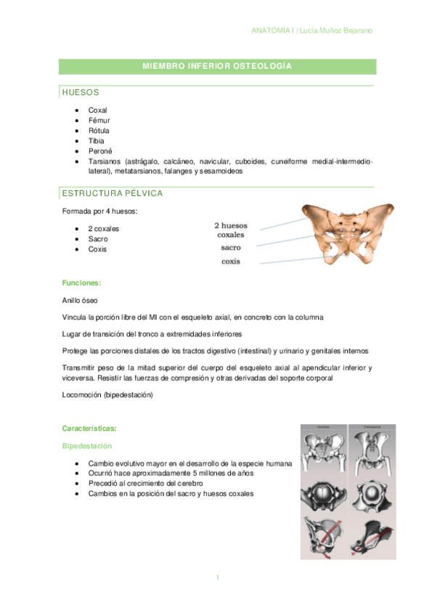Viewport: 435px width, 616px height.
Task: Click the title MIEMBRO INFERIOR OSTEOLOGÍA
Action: point(217,66)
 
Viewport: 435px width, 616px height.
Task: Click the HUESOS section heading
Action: point(81,93)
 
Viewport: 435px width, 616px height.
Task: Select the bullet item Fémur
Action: point(99,120)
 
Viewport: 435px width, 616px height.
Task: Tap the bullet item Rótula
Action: point(99,130)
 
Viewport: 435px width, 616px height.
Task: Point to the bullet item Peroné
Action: point(99,150)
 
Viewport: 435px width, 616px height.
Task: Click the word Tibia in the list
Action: point(97,140)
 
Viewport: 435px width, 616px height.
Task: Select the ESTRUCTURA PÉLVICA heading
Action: point(113,193)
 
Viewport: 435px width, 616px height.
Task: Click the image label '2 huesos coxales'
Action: point(230,230)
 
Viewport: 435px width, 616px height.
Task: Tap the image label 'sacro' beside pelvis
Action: point(231,248)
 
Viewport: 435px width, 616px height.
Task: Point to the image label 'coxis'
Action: point(231,262)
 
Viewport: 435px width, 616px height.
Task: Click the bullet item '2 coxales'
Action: point(104,229)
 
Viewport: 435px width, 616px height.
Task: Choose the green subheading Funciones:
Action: point(81,283)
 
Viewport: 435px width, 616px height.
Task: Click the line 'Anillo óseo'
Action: point(81,299)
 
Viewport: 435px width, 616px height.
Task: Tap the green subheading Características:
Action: point(89,429)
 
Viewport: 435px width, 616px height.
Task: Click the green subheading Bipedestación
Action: point(87,445)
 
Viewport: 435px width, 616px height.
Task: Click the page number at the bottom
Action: point(217,577)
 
